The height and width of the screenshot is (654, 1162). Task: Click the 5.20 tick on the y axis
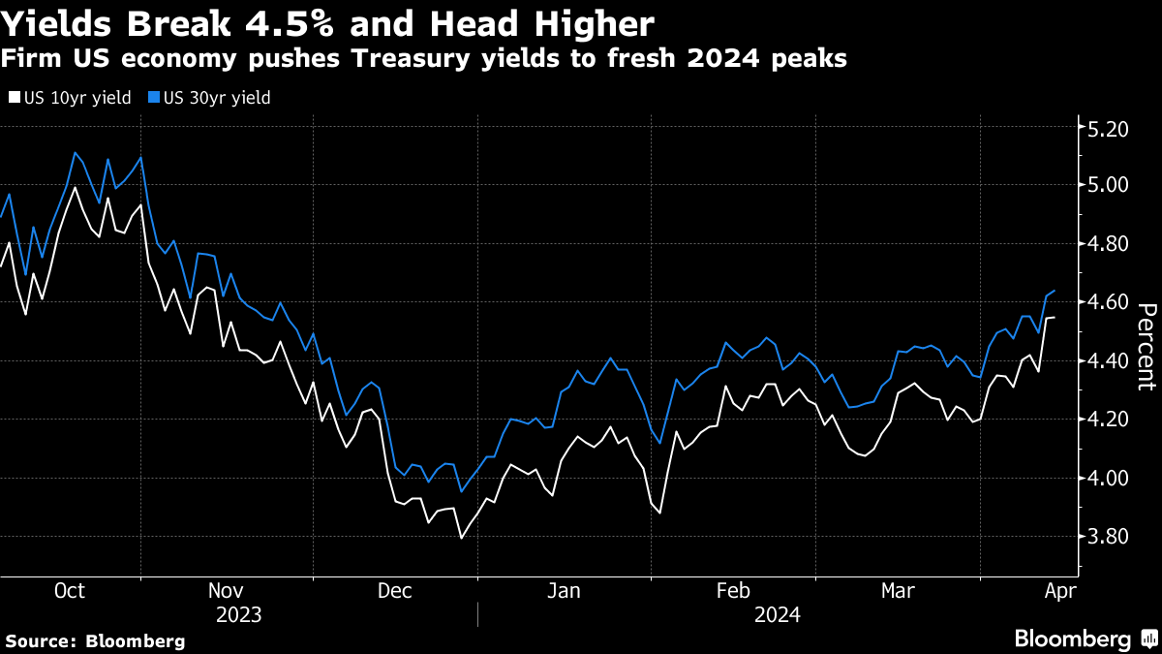pyautogui.click(x=1109, y=128)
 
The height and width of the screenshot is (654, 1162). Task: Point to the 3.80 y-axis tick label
pyautogui.click(x=1109, y=537)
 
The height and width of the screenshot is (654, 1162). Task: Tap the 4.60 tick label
pyautogui.click(x=1109, y=302)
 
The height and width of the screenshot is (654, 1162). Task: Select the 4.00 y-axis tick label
pyautogui.click(x=1109, y=479)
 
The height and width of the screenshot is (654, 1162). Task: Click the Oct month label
pyautogui.click(x=71, y=591)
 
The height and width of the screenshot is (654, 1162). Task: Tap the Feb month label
pyautogui.click(x=732, y=591)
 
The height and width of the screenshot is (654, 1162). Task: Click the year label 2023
pyautogui.click(x=239, y=614)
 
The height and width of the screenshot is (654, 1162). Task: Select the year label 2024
pyautogui.click(x=777, y=614)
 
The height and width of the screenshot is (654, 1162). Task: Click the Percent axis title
pyautogui.click(x=1146, y=346)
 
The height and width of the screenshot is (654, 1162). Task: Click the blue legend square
pyautogui.click(x=153, y=98)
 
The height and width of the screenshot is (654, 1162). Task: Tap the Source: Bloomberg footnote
pyautogui.click(x=95, y=640)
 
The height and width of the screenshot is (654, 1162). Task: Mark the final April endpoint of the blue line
pyautogui.click(x=1055, y=291)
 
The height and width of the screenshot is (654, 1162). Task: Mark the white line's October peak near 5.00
pyautogui.click(x=75, y=187)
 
